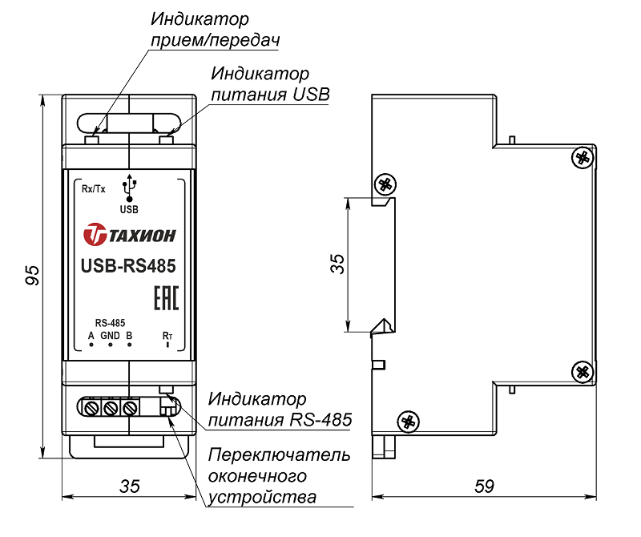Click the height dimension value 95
click(31, 277)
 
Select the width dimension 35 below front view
click(129, 486)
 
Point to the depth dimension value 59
click(484, 486)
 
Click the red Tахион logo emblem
click(95, 235)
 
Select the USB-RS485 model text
click(128, 265)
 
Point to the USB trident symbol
click(129, 188)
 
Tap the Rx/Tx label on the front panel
click(93, 190)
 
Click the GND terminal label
click(110, 334)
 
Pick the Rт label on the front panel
click(167, 334)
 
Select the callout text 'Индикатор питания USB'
click(269, 84)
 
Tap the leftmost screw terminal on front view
click(90, 409)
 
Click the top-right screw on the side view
click(582, 156)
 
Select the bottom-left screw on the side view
click(409, 420)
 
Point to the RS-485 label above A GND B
click(109, 322)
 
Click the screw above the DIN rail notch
click(385, 184)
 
